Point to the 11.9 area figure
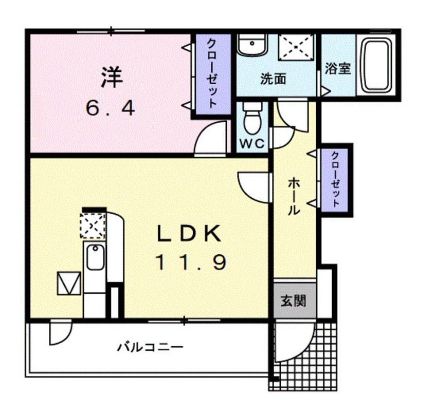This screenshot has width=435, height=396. click(191, 263)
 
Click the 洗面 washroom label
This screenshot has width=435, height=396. click(273, 79)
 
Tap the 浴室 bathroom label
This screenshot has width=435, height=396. click(338, 68)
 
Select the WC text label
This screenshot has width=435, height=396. click(252, 144)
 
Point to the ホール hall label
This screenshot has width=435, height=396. click(294, 197)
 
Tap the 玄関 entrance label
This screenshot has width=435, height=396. click(294, 300)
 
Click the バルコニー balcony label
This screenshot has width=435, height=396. click(150, 348)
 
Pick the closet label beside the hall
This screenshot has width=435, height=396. click(335, 179)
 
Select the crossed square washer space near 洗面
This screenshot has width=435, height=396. click(296, 48)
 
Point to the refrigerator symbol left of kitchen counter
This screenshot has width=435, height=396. click(69, 283)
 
